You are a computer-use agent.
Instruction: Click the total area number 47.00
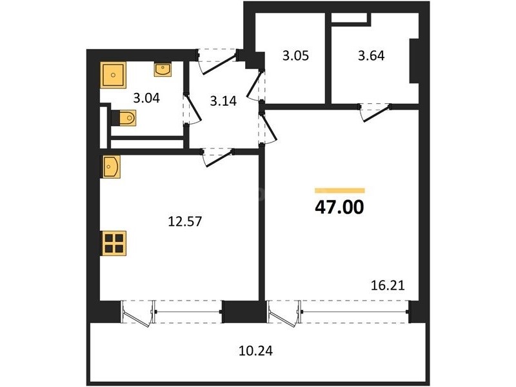[x=339, y=207]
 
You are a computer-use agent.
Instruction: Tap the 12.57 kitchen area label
[x=184, y=221]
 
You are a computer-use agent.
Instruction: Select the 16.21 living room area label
[x=388, y=285]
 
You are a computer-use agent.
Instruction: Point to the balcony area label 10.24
[x=255, y=351]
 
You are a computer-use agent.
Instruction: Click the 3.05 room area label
[x=295, y=55]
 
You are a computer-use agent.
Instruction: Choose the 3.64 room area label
[x=372, y=55]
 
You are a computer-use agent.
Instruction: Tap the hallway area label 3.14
[x=223, y=101]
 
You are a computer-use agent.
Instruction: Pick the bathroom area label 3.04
[x=146, y=98]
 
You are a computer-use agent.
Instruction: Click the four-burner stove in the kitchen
[x=114, y=244]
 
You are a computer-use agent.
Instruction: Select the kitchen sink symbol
[x=110, y=167]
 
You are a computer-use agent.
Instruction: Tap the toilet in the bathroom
[x=124, y=118]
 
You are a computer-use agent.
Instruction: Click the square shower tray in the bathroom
[x=114, y=75]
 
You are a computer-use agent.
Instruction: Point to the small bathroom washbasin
[x=163, y=70]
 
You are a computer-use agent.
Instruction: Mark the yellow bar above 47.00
[x=340, y=190]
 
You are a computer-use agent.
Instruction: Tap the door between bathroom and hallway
[x=192, y=109]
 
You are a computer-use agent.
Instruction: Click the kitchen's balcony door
[x=138, y=313]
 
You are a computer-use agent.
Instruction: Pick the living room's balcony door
[x=284, y=313]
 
